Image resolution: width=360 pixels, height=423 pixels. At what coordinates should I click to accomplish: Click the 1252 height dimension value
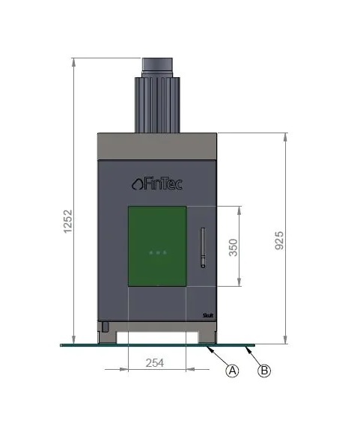point(68,221)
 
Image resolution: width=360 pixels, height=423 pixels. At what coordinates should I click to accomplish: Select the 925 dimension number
point(279,240)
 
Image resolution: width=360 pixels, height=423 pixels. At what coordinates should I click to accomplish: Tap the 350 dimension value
point(234,247)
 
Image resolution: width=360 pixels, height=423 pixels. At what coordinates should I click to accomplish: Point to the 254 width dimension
point(155,363)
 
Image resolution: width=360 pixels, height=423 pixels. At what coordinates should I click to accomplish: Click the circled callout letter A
point(232,371)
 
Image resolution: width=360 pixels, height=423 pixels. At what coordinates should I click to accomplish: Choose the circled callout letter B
point(264,371)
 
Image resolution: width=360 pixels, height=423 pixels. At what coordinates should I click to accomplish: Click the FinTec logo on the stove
point(157,183)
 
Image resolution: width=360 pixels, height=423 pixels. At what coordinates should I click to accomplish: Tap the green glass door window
point(157,246)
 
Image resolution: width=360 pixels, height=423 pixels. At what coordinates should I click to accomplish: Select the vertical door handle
point(203,248)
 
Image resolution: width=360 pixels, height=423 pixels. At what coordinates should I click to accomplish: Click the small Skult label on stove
point(208,315)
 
